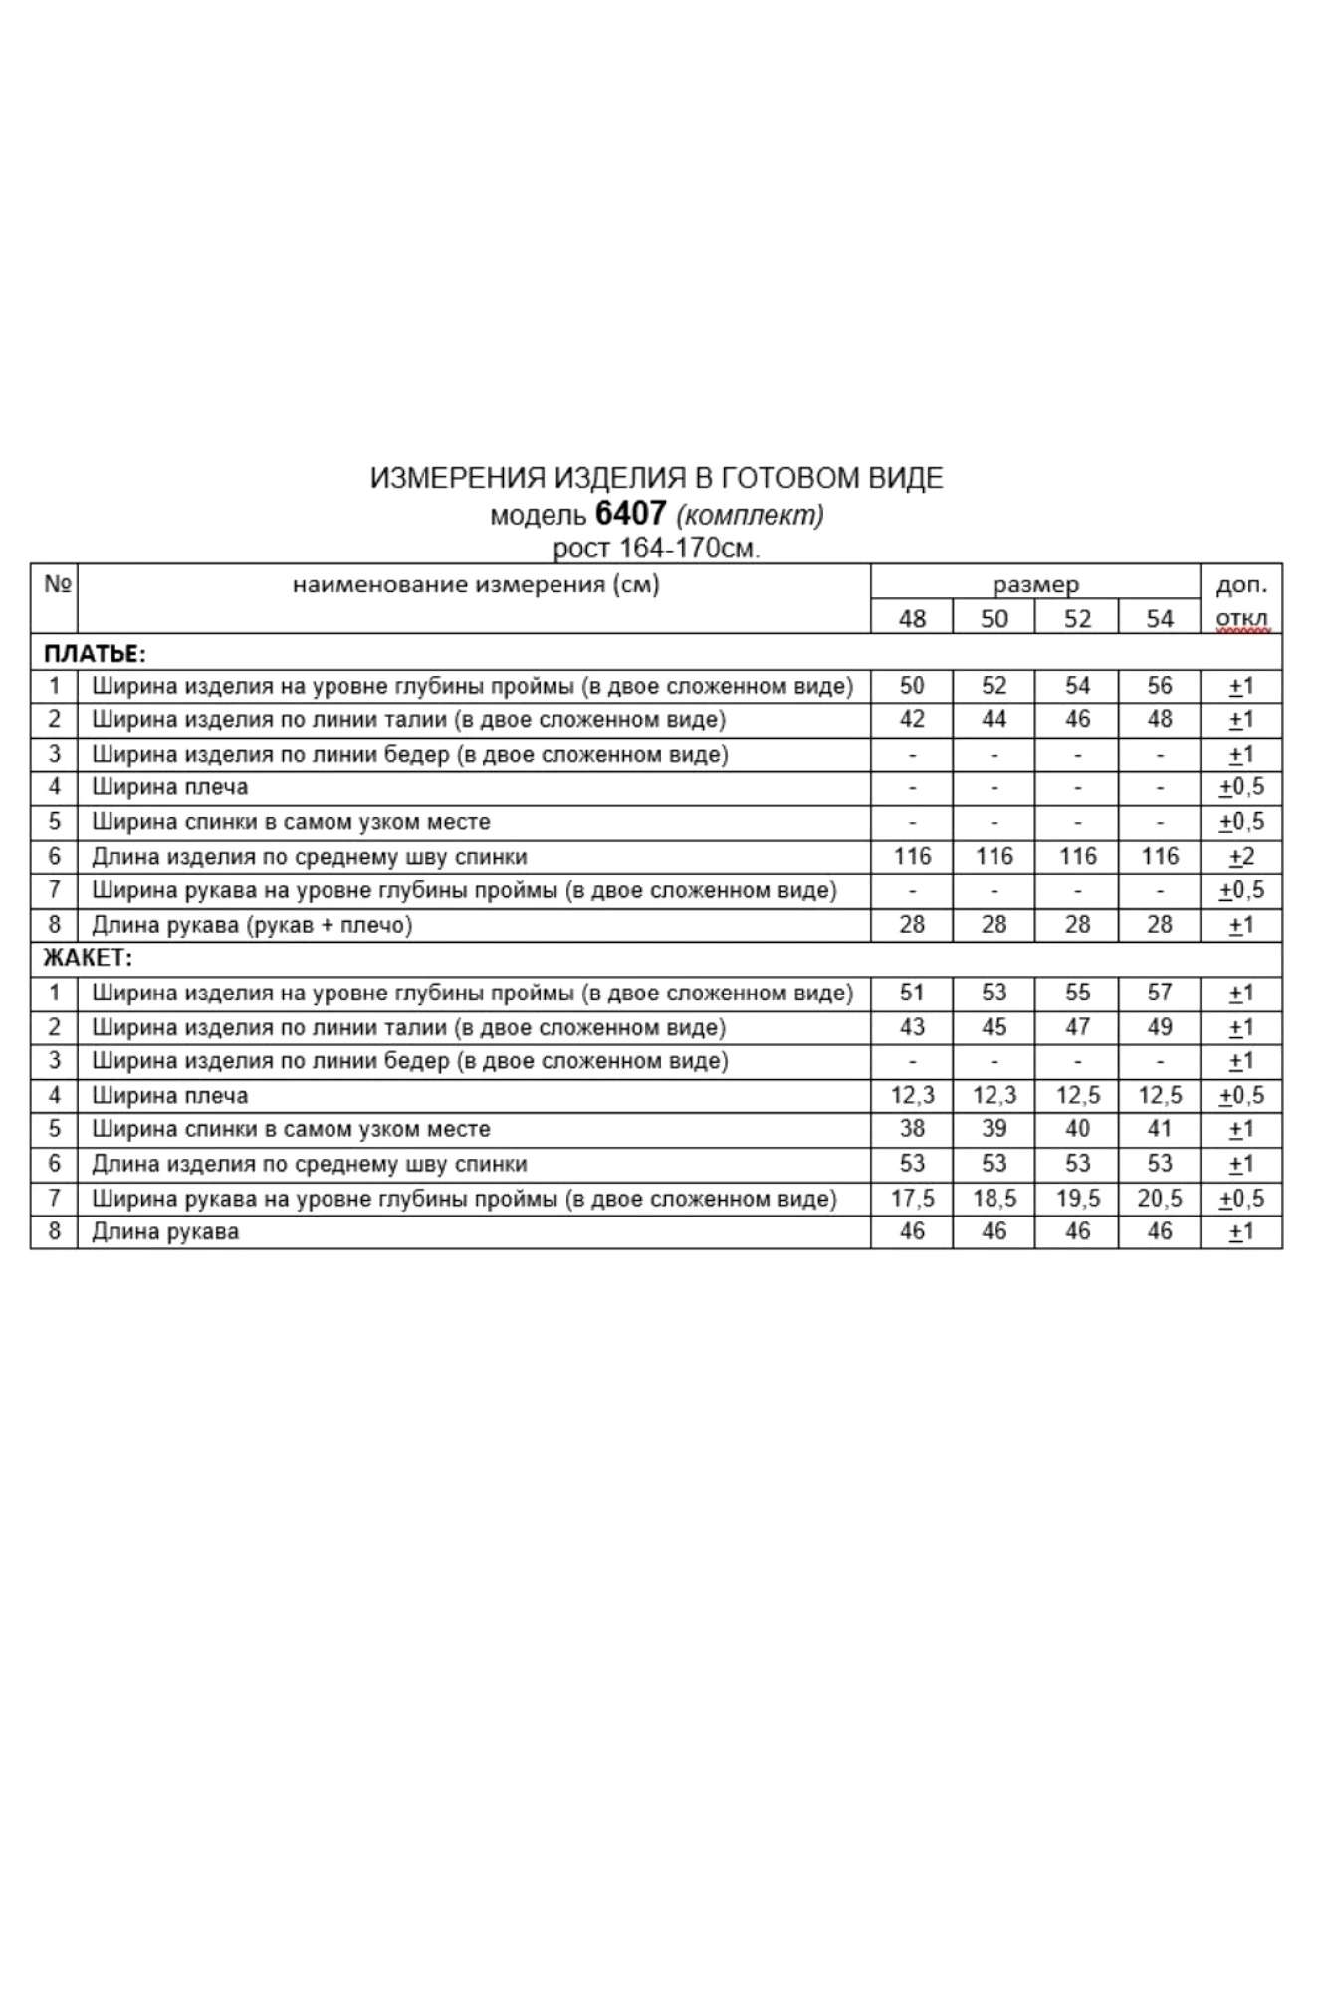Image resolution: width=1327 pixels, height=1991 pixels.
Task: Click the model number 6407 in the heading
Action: pos(630,513)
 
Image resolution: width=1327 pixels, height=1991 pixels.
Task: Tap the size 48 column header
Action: pos(911,618)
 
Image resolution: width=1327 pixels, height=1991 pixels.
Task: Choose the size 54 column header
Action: pos(1159,618)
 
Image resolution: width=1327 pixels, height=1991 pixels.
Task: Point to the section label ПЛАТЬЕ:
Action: pos(95,653)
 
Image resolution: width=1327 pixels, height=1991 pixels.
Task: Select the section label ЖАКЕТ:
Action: pos(89,959)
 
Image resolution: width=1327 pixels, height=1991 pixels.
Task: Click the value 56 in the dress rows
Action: pos(1159,686)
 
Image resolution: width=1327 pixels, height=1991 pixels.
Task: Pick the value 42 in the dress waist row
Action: pos(911,719)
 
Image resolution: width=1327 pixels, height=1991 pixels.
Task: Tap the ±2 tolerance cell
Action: pos(1241,856)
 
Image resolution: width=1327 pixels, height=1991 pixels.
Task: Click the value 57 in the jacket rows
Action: pos(1159,993)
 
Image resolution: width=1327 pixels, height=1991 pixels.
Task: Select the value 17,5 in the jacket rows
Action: pos(911,1198)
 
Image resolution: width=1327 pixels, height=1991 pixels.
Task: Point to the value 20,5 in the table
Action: pos(1159,1198)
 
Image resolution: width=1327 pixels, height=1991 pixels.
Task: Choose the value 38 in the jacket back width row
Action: pos(911,1129)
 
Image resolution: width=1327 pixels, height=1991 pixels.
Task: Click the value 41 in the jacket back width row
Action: pos(1159,1129)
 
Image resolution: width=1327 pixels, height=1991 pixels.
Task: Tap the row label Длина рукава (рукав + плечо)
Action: pos(252,925)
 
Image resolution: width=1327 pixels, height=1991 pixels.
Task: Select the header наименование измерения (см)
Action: pos(476,584)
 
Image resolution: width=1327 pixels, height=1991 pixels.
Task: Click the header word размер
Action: pos(1035,584)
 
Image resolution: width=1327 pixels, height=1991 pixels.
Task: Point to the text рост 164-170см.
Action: pos(656,548)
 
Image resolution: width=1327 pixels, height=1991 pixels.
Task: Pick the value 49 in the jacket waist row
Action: pos(1159,1026)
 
